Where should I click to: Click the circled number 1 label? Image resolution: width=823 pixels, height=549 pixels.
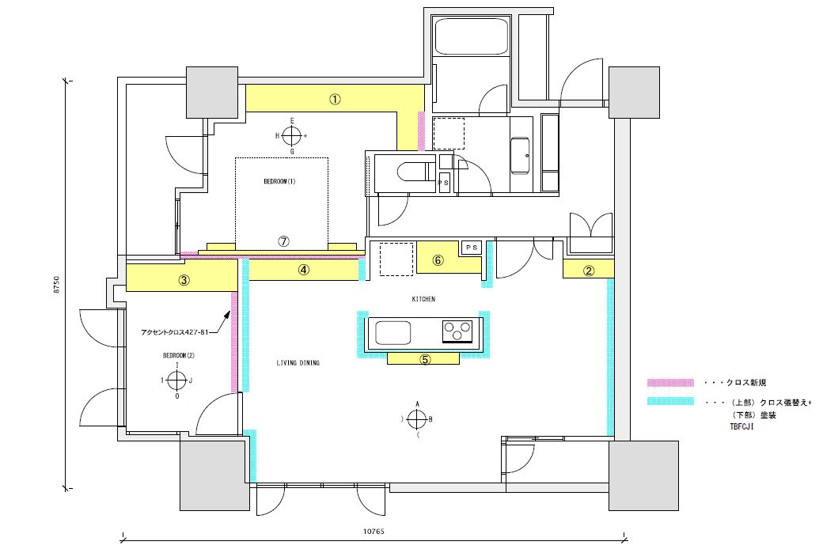pos(335,100)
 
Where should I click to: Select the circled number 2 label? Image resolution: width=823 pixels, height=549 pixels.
pos(589,271)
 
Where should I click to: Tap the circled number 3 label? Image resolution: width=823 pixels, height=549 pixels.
pos(183,279)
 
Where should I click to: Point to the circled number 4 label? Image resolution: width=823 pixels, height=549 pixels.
pos(304,270)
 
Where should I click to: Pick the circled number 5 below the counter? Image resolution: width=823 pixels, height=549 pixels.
pos(424,359)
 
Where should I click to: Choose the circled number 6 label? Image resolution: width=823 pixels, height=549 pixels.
pos(438,260)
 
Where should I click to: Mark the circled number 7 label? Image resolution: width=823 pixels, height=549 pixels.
pos(283,242)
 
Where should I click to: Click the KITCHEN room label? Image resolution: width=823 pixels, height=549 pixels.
pos(423,299)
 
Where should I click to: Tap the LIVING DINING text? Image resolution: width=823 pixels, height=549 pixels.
pos(298,363)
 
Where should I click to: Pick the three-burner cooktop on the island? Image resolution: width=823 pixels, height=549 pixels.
pos(457,330)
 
